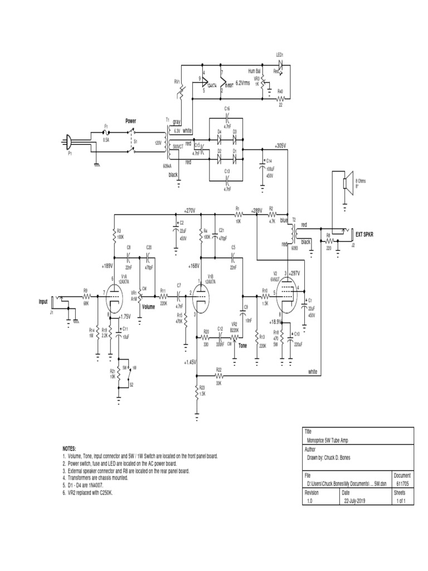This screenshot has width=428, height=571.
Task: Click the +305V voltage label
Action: click(280, 146)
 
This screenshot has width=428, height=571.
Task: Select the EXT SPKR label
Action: click(364, 234)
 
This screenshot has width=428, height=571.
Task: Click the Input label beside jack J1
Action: click(43, 301)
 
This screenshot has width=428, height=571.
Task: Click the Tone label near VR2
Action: click(242, 345)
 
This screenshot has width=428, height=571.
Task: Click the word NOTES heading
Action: click(69, 448)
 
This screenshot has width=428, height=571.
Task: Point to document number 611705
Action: click(402, 483)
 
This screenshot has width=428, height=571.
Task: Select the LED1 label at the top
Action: click(280, 55)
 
